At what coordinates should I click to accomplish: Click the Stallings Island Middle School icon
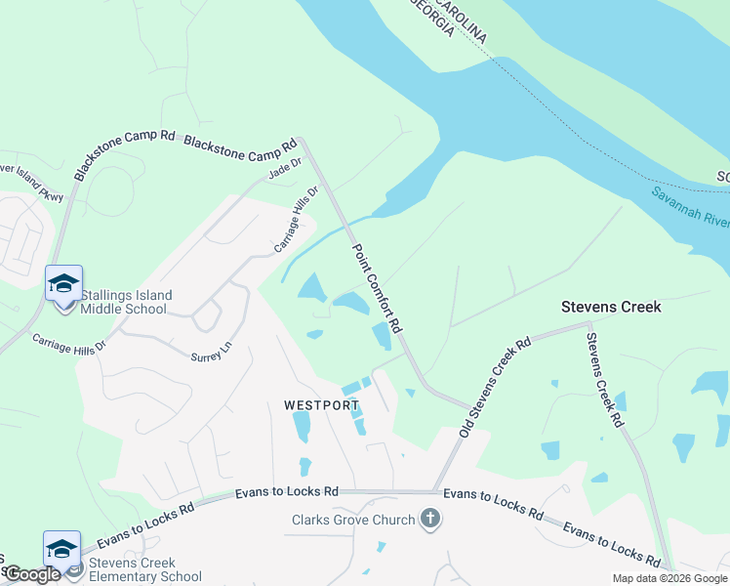click(x=63, y=283)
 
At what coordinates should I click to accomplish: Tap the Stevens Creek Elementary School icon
click(x=61, y=549)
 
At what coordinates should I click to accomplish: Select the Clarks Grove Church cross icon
click(x=429, y=519)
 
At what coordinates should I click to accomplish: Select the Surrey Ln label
click(x=213, y=351)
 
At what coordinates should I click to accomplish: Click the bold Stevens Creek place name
click(x=611, y=307)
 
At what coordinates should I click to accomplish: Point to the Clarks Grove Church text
click(x=353, y=520)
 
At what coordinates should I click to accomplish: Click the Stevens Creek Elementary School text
click(x=145, y=569)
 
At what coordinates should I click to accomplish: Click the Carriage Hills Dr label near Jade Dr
click(x=297, y=220)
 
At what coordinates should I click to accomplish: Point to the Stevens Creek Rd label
click(x=604, y=380)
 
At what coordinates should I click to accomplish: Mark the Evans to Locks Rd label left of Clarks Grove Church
click(x=286, y=493)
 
